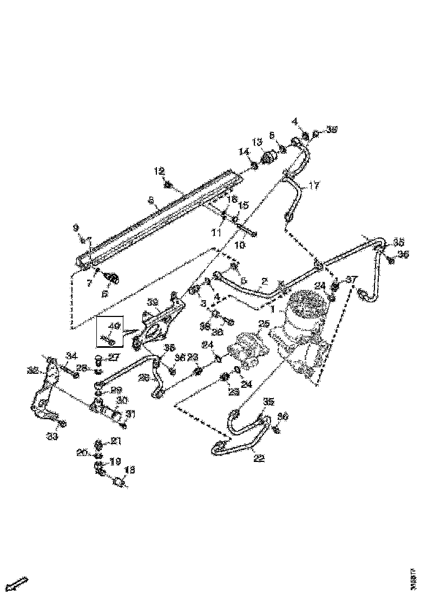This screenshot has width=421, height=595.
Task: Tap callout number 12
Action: click(x=158, y=171)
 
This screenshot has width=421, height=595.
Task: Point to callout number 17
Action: click(x=314, y=186)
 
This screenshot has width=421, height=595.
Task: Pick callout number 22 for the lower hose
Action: click(x=259, y=458)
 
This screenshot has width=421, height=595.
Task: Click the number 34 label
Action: click(x=71, y=355)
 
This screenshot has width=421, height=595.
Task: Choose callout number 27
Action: click(x=114, y=357)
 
